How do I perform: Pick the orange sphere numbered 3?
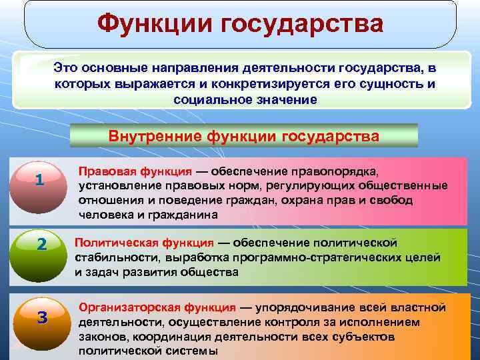point(42,317)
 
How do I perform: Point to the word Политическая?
point(111,242)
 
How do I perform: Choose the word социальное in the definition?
point(207,99)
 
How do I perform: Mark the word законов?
point(100,337)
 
